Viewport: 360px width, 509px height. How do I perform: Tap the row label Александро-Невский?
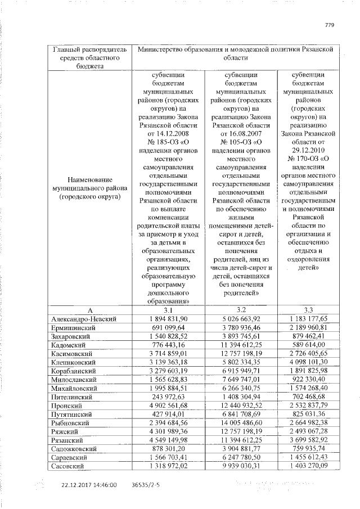(x=83, y=319)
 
